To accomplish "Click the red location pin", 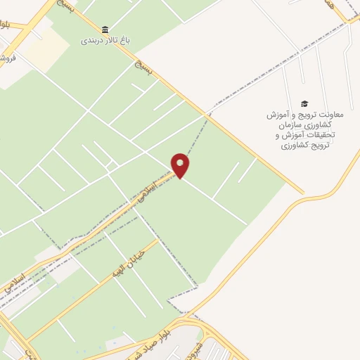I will (x=181, y=166).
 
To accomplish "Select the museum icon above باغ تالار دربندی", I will (x=105, y=29).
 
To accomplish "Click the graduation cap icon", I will (x=304, y=103).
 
